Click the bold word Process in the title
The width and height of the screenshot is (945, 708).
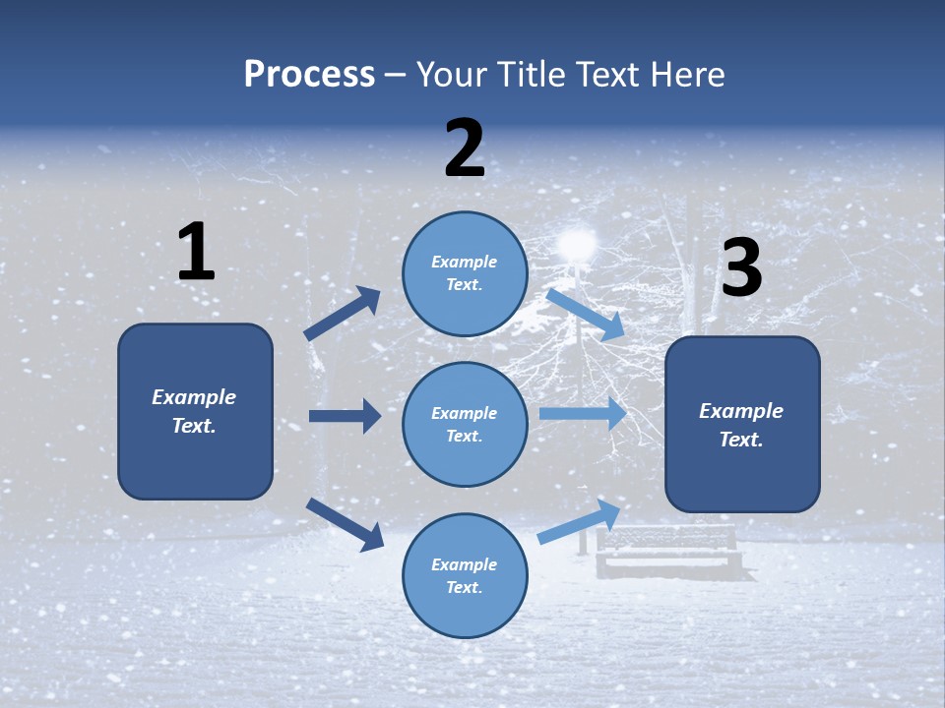coord(309,75)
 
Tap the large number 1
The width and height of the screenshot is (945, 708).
coord(196,253)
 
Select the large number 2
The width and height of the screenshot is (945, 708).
coord(465,148)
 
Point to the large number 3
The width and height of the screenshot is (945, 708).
coord(741,268)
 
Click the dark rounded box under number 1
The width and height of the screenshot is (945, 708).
coord(195,411)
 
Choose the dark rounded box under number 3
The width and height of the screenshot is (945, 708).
coord(742,424)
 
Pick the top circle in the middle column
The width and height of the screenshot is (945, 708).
coord(465,273)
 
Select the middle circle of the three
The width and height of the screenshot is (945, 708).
coord(465,424)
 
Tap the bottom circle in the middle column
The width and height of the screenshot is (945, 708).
coord(465,575)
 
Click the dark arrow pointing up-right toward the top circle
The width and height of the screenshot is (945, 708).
coord(343,314)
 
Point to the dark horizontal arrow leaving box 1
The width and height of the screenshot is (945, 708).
coord(345,416)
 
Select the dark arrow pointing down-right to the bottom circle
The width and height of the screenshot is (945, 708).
coord(345,523)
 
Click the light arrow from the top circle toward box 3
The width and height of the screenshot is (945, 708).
coord(585,315)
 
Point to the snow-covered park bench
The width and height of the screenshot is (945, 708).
coord(668,552)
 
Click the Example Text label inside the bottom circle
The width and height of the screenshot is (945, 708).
coord(465,575)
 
